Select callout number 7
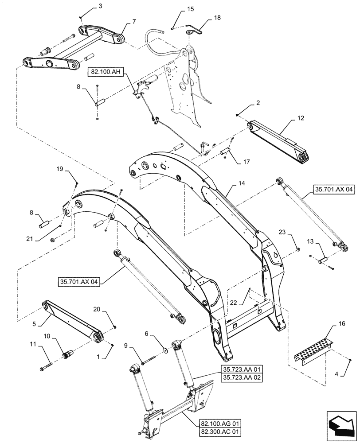134,21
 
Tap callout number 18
217,17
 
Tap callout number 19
60,169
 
